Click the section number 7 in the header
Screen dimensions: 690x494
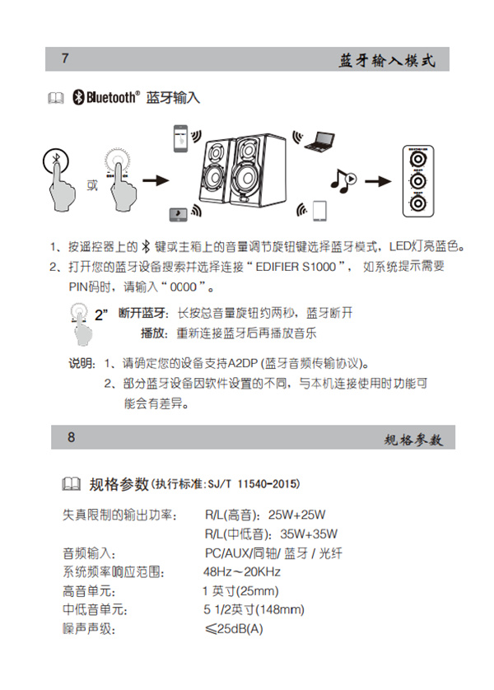[x=65, y=59]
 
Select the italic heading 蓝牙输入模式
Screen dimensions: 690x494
[x=386, y=61]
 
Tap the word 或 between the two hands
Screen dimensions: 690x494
[x=91, y=184]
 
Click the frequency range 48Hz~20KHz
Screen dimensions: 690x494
[x=242, y=572]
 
